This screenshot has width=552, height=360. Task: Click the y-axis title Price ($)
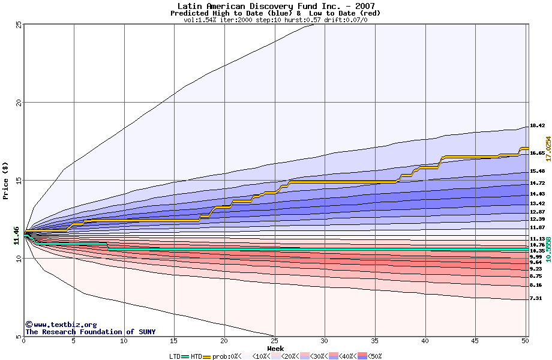(x=5, y=181)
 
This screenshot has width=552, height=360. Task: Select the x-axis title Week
(x=275, y=348)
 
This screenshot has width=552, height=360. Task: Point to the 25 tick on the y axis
(x=19, y=25)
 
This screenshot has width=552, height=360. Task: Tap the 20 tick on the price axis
(x=19, y=103)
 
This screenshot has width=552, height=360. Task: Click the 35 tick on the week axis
(x=375, y=341)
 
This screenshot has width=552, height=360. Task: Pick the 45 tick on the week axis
(x=475, y=341)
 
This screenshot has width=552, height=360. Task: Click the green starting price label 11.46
(x=17, y=235)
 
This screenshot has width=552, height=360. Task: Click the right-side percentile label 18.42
(x=537, y=126)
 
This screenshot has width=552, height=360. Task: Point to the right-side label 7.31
(x=536, y=298)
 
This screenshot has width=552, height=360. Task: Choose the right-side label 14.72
(x=537, y=183)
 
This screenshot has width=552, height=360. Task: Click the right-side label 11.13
(x=537, y=239)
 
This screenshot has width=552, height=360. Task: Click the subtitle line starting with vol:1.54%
(x=275, y=20)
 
